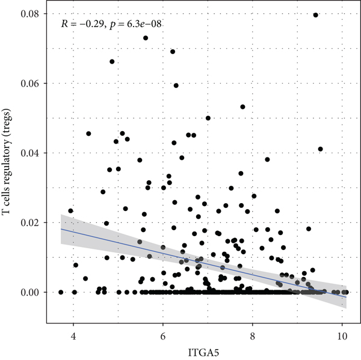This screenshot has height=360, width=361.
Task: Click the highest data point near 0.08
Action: [316, 15]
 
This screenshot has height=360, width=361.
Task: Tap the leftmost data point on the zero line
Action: [61, 292]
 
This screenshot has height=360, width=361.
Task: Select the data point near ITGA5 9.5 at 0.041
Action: [320, 149]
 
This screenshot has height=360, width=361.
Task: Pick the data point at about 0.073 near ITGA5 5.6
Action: [146, 38]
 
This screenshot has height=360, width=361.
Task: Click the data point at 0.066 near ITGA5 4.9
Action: [112, 61]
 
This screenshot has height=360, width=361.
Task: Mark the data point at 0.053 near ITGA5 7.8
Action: [242, 107]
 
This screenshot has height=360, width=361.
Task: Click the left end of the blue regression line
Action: [61, 229]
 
